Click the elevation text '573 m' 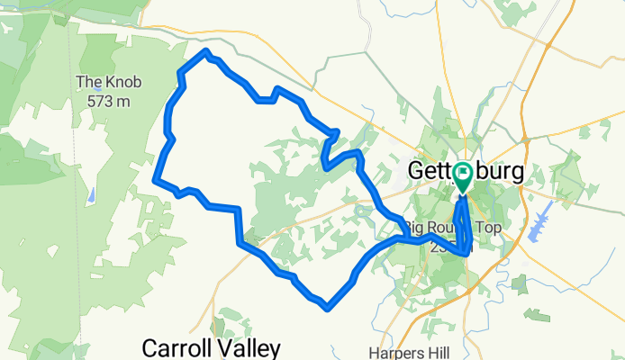(109, 101)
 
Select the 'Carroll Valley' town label (213, 347)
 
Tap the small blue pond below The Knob (94, 193)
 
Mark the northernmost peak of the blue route (207, 51)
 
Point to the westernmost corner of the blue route (157, 179)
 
